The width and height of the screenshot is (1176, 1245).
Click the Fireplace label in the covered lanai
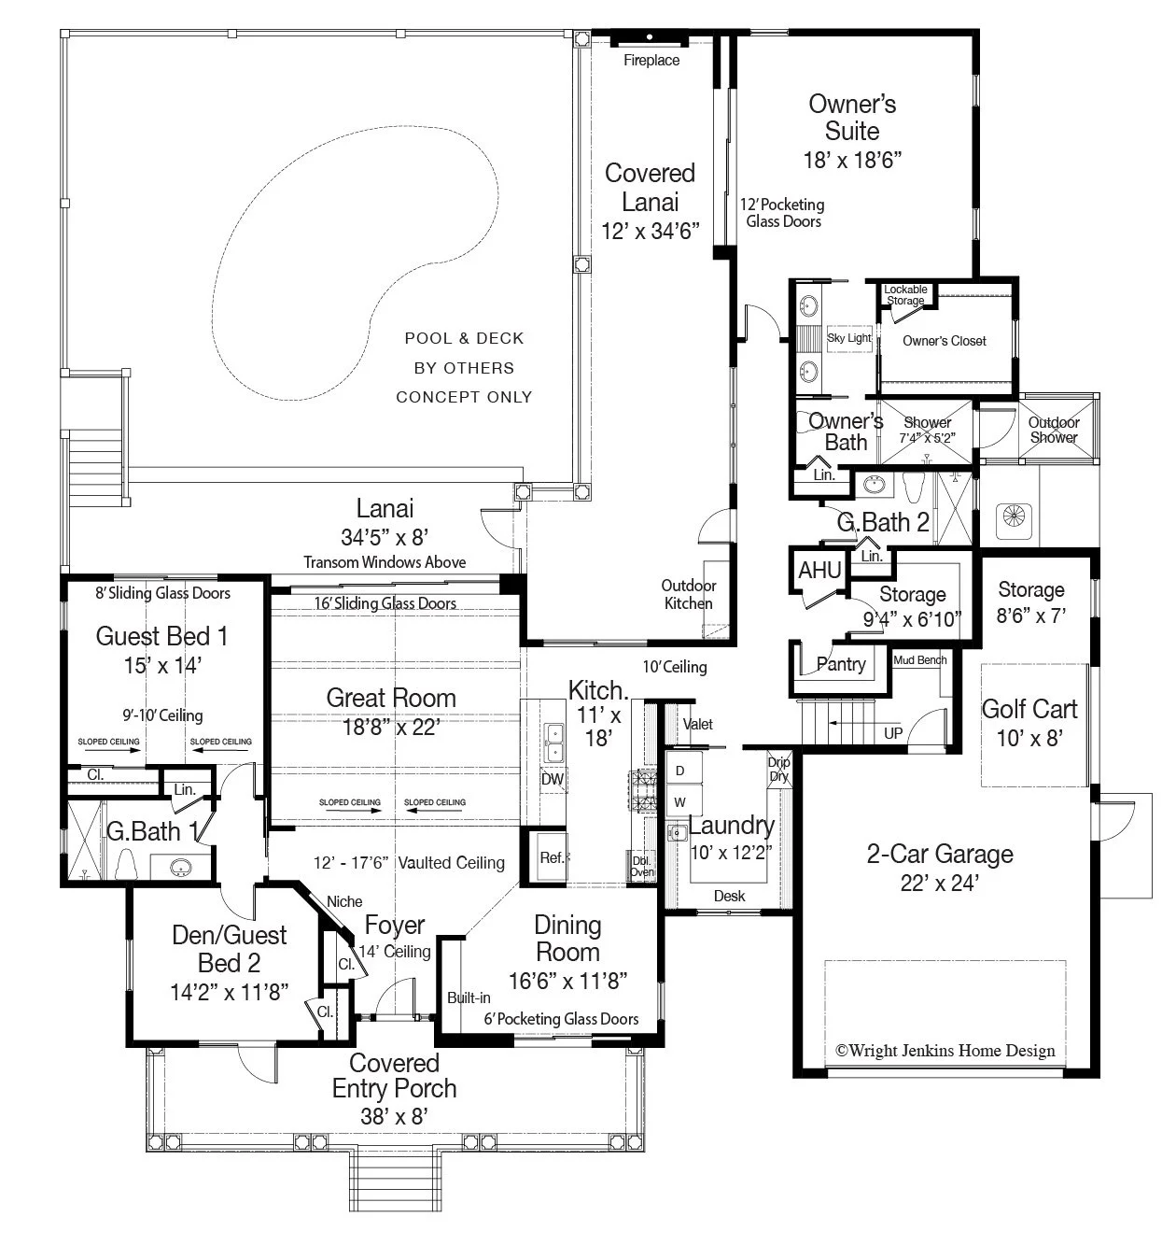coord(651,61)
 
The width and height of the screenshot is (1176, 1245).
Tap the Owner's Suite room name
coord(851,117)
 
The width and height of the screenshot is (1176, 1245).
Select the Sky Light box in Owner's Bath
coord(848,338)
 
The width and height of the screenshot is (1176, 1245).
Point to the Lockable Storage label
coord(905,295)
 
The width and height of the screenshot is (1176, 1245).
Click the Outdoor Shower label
coord(1054,430)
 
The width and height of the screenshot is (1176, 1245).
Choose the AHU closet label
coord(819,570)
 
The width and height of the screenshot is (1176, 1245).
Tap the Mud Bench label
coord(920,660)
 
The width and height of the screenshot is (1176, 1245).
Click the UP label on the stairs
coord(893,733)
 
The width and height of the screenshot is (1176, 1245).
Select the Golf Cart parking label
coord(1029,709)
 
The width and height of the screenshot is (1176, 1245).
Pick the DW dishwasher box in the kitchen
coord(552,779)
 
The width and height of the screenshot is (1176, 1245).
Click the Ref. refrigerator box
coord(552,857)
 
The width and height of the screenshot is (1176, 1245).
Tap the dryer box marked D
coord(680,771)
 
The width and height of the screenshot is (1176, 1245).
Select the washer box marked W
coord(680,802)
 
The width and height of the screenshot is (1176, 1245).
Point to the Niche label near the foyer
coord(344,902)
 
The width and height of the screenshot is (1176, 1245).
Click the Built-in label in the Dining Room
coord(469,997)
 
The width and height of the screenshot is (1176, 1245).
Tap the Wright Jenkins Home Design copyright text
coord(945,1050)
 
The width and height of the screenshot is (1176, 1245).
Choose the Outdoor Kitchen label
coord(689,594)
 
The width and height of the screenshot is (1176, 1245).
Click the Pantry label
coord(840,664)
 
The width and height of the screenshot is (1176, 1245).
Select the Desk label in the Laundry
coord(729,896)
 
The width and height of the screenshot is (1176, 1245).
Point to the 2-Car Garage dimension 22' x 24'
coord(939,883)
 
